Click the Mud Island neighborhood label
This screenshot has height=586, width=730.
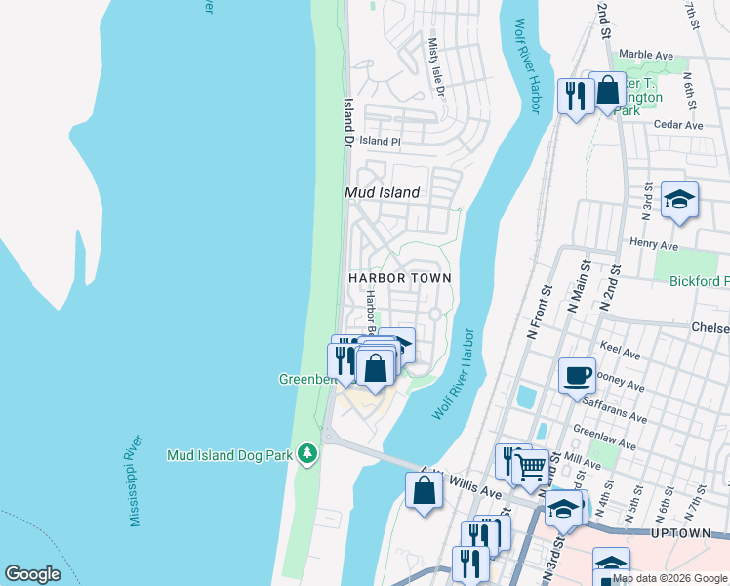click(383, 192)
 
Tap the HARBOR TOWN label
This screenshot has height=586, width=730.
click(400, 278)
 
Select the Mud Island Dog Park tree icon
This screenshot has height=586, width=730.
click(308, 453)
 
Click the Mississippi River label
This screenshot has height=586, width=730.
click(138, 481)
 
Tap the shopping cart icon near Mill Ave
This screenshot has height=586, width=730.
click(531, 466)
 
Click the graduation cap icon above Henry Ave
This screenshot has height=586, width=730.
click(679, 200)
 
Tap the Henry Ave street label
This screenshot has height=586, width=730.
click(654, 244)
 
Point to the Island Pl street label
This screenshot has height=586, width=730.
click(380, 142)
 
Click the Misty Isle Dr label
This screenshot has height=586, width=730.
click(437, 67)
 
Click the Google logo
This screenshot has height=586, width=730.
click(32, 574)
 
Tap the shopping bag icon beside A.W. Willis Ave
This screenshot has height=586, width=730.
click(425, 490)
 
